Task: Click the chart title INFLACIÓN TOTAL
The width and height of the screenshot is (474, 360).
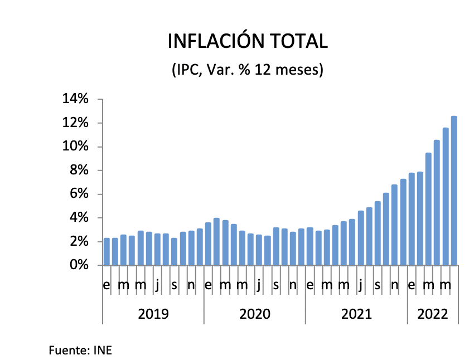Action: coord(248,42)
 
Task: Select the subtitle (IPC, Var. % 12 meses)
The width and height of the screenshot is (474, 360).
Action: coord(247,70)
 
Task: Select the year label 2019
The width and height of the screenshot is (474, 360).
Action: coord(153,314)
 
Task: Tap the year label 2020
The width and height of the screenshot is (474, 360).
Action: coord(255,314)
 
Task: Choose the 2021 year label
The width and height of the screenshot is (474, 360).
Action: coord(356,314)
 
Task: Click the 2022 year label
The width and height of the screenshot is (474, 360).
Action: coord(433,314)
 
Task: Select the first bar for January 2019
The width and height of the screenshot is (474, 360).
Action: coord(107,252)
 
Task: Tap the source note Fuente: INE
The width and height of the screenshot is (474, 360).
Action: coord(81,351)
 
